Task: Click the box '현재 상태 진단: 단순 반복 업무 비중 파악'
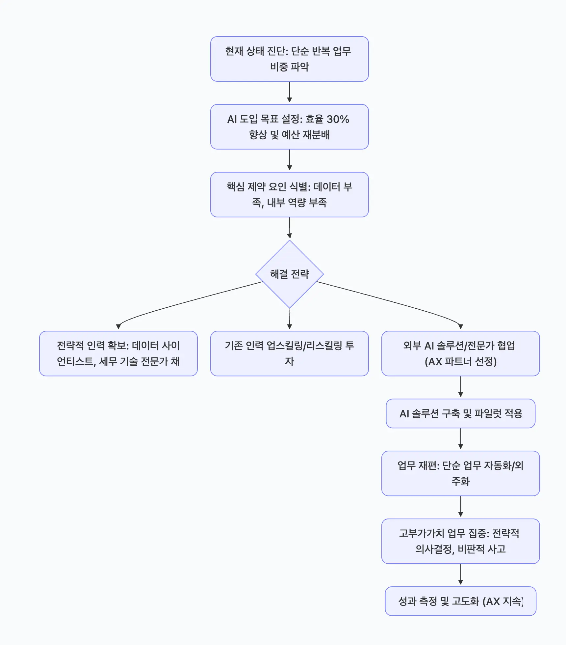tap(289, 59)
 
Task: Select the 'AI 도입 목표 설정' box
tap(289, 127)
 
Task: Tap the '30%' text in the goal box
tap(338, 119)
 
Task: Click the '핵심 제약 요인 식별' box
tap(289, 195)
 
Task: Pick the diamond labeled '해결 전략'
tap(289, 274)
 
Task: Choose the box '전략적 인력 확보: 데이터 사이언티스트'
tap(118, 353)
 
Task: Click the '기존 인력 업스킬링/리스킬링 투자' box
tap(289, 353)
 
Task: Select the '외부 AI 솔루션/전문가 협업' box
tap(460, 353)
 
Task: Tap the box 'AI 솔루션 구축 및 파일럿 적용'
tap(460, 413)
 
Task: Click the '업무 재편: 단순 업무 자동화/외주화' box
tap(460, 473)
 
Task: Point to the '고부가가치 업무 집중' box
tap(460, 541)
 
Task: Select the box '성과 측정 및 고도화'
tap(460, 601)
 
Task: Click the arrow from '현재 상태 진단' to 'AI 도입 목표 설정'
tap(290, 92)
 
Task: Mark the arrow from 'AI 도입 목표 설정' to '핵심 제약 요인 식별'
tap(290, 160)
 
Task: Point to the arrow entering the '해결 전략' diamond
tap(290, 228)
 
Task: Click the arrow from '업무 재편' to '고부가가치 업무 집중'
tap(461, 507)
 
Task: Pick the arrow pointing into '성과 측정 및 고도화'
tap(461, 575)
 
